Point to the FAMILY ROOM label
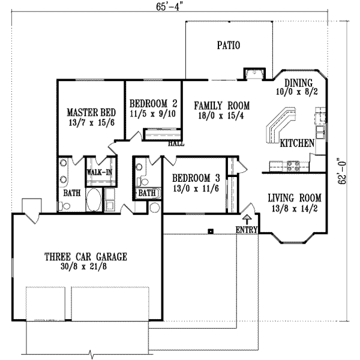click(221, 106)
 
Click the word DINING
click(299, 83)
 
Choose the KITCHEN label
click(297, 143)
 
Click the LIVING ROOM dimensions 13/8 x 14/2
click(294, 209)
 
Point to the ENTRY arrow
click(248, 217)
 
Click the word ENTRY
click(247, 230)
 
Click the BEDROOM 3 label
click(196, 178)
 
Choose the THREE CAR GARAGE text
click(86, 257)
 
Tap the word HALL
click(176, 144)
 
